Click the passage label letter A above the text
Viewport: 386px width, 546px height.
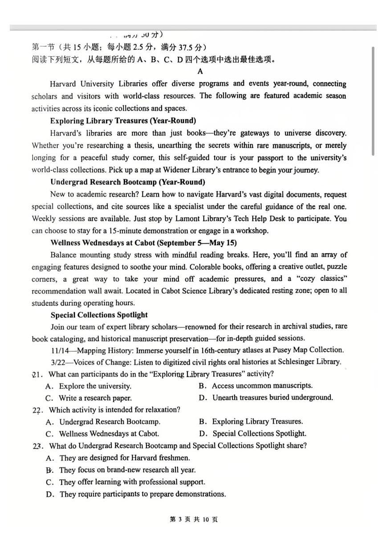200,71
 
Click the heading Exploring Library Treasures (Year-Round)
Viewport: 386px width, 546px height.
123,121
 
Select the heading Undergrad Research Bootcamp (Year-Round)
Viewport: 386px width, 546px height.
128,182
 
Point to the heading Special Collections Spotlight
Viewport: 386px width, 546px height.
99,315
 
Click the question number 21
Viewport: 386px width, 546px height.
37,374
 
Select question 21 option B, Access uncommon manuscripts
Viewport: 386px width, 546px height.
262,386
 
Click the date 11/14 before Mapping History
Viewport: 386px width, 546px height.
60,350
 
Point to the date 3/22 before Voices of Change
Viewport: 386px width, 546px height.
58,362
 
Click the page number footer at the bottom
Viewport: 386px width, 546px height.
194,519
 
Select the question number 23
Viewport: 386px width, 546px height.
37,446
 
